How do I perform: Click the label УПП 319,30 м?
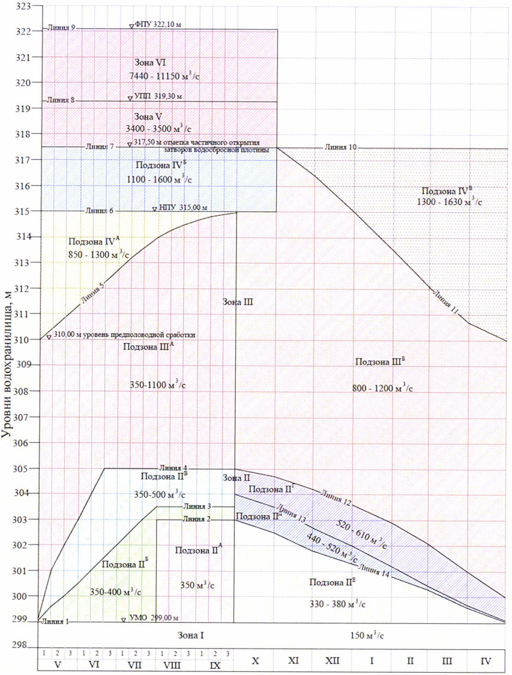point(158,96)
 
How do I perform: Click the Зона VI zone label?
point(151,62)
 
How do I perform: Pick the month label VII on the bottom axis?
point(134,665)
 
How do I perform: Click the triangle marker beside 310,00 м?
point(49,337)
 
